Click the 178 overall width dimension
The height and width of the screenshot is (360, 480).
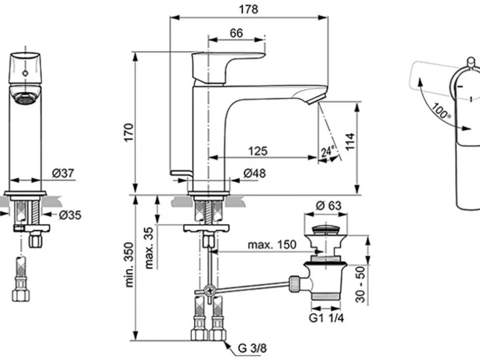[249, 9]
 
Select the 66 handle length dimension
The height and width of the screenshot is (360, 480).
[236, 33]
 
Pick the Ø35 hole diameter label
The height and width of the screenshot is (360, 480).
[70, 216]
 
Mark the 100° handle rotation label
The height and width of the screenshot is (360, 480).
[439, 111]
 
